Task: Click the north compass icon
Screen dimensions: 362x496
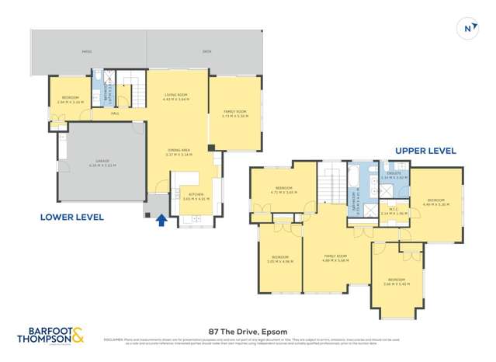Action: point(468,29)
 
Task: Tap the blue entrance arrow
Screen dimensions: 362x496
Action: point(161,221)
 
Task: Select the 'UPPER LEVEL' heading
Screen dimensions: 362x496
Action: point(425,151)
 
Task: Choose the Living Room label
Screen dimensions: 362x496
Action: point(175,96)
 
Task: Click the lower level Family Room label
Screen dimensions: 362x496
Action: point(234,113)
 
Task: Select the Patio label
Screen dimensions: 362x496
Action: point(87,52)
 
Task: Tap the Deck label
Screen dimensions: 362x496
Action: point(206,52)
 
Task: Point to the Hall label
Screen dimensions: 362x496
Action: point(115,114)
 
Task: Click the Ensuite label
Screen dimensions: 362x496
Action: point(394,175)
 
